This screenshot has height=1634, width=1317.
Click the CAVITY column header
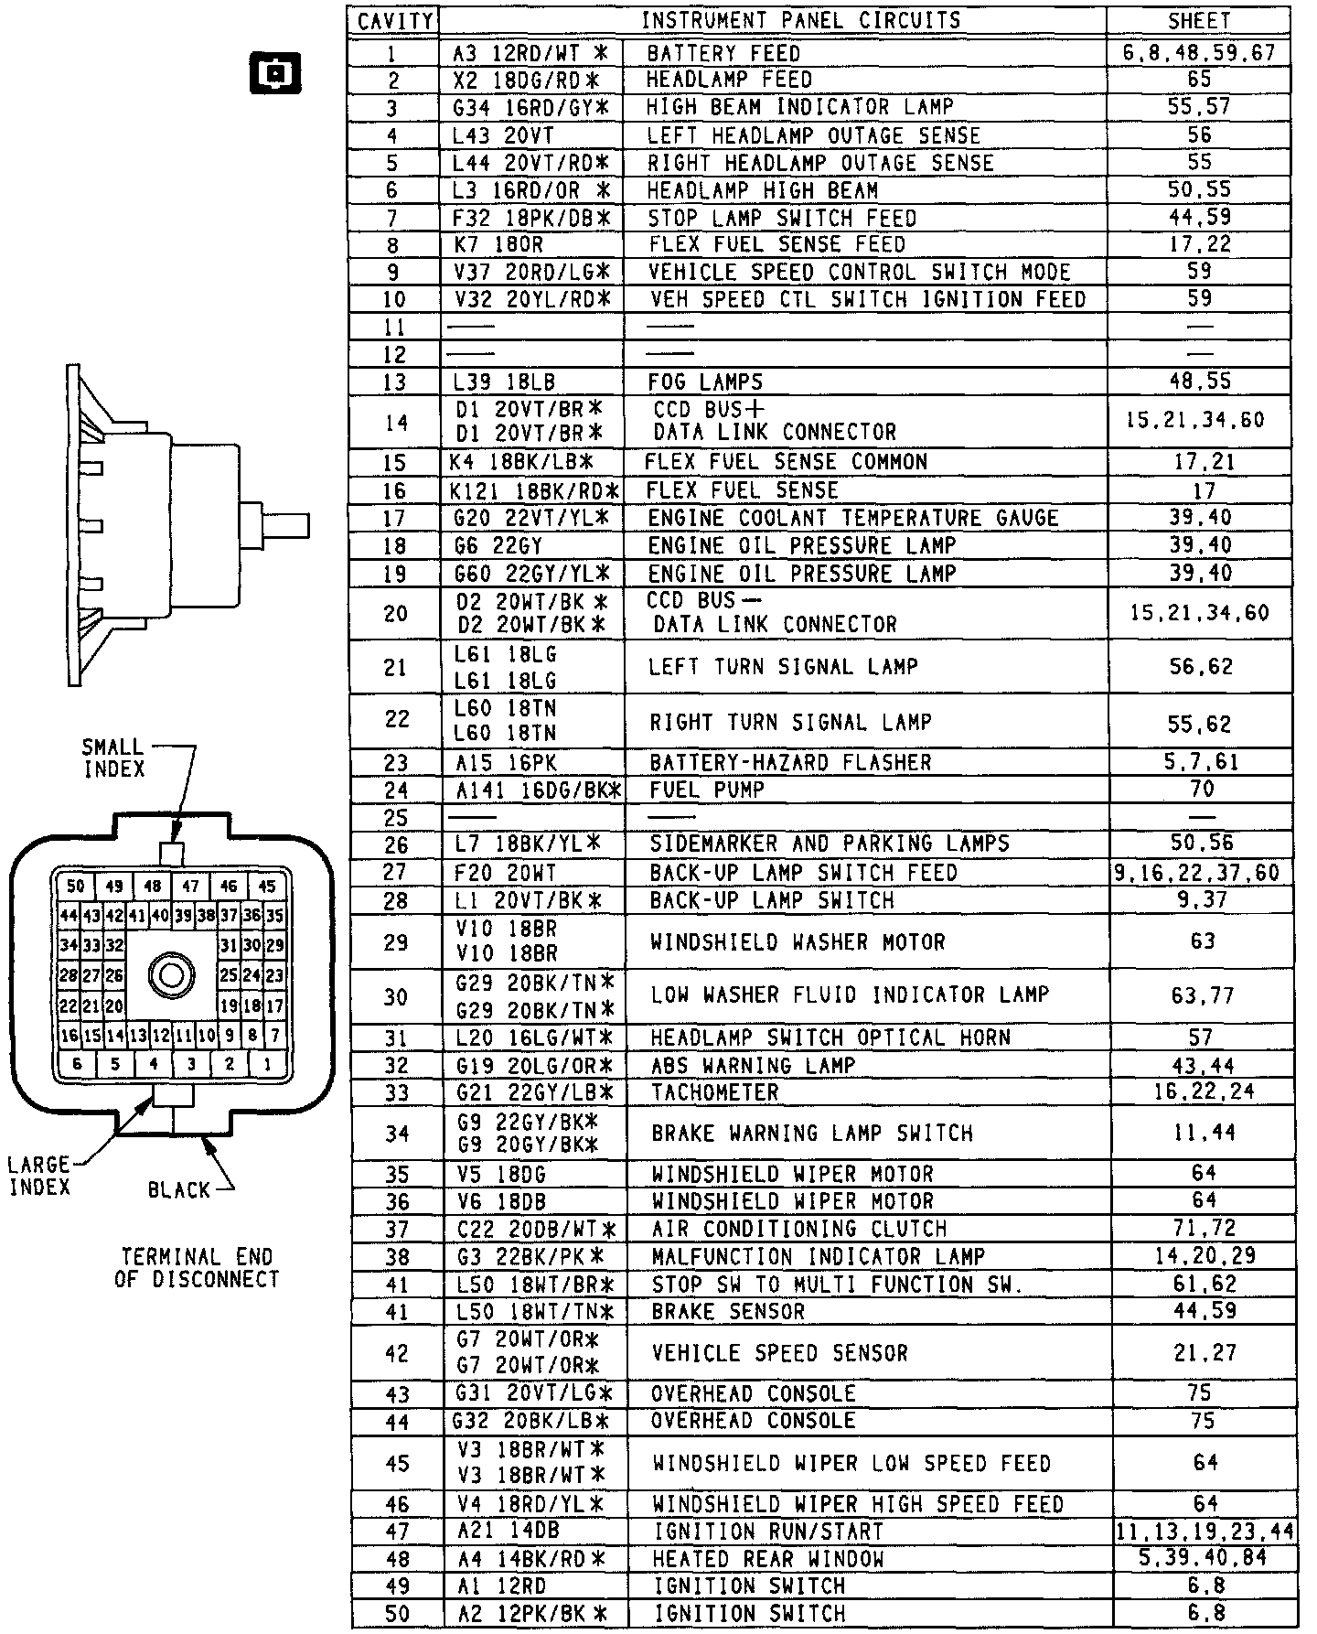[395, 21]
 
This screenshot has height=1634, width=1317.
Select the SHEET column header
[1199, 20]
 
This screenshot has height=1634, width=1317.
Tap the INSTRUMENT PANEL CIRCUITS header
[800, 20]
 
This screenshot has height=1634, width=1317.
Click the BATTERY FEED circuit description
[723, 53]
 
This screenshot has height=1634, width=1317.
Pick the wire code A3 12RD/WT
[530, 53]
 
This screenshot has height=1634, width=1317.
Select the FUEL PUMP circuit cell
[706, 790]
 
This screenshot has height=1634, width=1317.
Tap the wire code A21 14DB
[508, 1531]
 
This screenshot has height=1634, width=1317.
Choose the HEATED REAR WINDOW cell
[768, 1558]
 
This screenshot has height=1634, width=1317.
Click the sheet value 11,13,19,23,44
[1205, 1532]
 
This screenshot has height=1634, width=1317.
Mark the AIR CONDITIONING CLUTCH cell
[798, 1229]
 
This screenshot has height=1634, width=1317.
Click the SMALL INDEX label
[113, 758]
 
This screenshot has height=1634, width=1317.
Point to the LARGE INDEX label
[39, 1176]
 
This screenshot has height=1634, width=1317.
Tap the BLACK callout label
[179, 1190]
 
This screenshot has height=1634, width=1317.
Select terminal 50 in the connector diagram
[75, 886]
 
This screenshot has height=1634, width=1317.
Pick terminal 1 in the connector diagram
[267, 1064]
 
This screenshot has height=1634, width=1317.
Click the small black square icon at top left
[274, 73]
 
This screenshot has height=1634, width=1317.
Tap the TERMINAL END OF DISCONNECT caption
[197, 1268]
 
